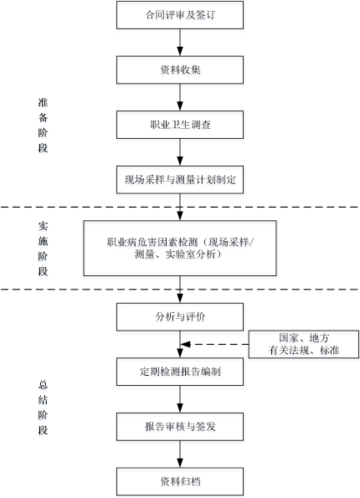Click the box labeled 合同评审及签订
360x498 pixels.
180,15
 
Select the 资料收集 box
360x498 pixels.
180,69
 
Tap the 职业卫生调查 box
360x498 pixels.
180,125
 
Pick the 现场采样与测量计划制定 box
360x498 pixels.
180,180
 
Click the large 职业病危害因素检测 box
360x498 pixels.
180,248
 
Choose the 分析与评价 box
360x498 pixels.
180,317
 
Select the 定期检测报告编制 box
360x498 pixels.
180,372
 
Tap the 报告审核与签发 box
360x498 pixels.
180,427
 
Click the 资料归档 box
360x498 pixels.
180,481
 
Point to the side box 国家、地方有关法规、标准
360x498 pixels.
304,344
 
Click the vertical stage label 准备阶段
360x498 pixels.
43,126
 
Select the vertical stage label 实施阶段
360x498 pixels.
43,249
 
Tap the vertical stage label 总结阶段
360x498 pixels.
43,407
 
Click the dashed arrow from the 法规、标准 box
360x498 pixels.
214,344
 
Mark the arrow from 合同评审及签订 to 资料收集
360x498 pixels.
180,43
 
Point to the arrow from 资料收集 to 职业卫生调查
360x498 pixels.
180,97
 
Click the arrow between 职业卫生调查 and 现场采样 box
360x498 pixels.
180,152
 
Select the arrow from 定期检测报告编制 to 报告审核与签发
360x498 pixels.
180,399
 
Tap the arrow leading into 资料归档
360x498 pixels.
180,454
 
